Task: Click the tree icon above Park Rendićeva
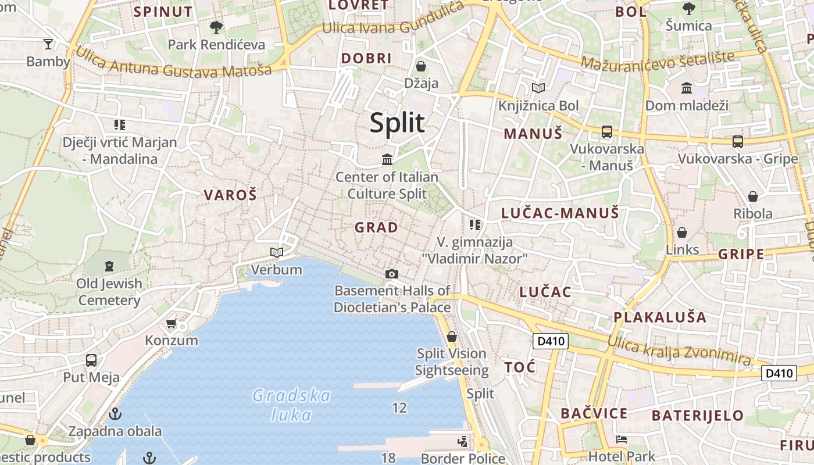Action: point(216,27)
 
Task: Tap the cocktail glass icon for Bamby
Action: point(48,44)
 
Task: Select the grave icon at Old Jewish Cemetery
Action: point(109,266)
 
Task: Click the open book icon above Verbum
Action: point(277,252)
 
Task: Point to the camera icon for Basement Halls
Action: point(392,274)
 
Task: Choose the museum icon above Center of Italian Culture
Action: point(387,159)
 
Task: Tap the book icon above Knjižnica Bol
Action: point(538,88)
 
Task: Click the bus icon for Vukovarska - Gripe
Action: point(737,141)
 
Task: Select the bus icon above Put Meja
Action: point(91,360)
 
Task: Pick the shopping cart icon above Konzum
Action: point(171,323)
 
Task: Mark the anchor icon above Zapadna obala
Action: point(115,414)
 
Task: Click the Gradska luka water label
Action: point(291,405)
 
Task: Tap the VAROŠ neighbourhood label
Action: point(230,195)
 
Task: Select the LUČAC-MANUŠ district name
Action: point(560,213)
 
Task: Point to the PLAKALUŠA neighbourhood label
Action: point(660,317)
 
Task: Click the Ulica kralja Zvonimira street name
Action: point(679,350)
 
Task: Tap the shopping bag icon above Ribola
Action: point(753,196)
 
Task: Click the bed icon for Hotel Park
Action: point(622,439)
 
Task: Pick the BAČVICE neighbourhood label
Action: point(594,413)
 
